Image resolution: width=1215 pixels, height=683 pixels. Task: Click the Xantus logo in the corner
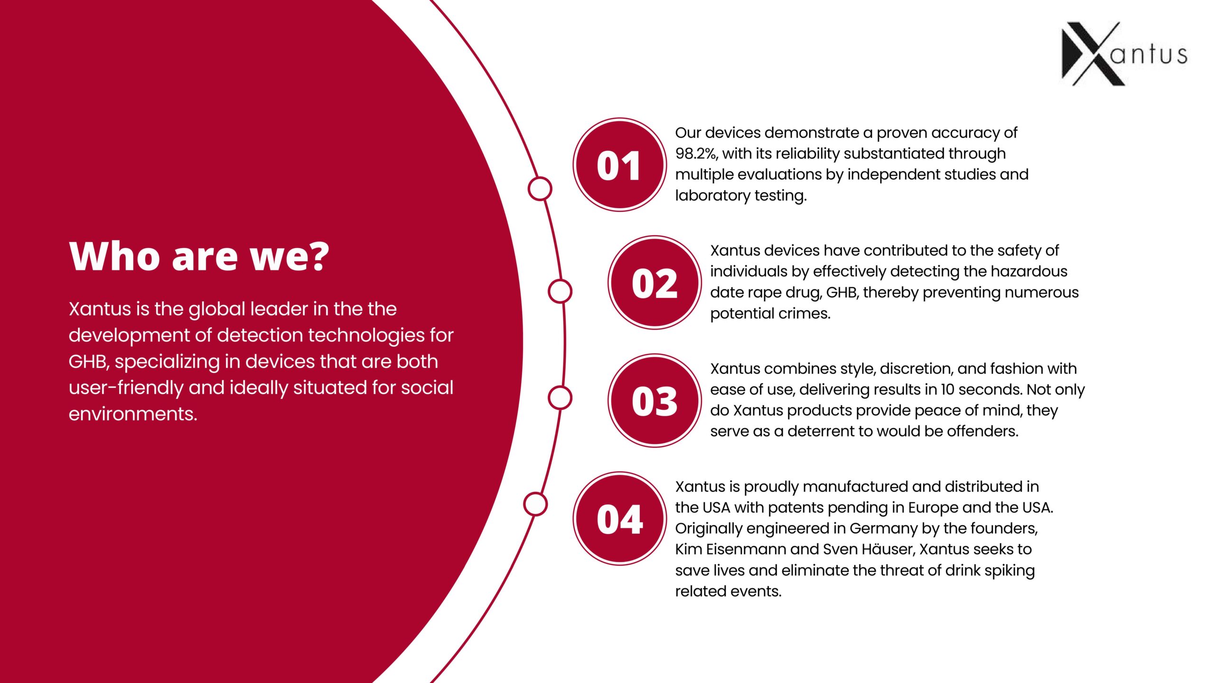click(1124, 54)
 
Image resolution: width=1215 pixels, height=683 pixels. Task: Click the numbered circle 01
click(620, 165)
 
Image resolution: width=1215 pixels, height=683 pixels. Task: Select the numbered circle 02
click(655, 283)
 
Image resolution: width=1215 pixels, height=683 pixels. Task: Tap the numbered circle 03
click(655, 400)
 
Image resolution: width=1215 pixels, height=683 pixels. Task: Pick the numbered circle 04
click(620, 518)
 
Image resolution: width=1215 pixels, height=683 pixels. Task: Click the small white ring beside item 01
click(540, 188)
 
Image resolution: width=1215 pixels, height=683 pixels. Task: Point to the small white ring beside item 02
click(560, 291)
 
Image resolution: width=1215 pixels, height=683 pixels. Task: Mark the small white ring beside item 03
click(560, 397)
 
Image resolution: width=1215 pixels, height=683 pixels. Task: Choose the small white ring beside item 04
click(535, 504)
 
